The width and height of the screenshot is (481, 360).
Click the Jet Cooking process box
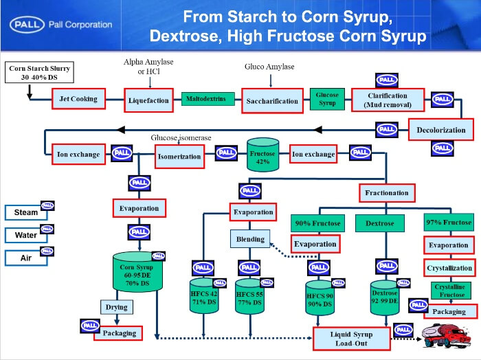click(79, 99)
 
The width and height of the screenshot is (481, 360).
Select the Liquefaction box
click(148, 100)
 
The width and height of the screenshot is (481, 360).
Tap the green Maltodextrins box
click(204, 99)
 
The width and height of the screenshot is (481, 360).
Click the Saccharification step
click(272, 101)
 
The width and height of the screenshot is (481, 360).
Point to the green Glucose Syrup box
click(326, 99)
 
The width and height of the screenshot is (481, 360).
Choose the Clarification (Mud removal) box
click(386, 100)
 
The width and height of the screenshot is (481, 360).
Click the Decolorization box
click(440, 130)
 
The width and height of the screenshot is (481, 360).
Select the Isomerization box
click(180, 156)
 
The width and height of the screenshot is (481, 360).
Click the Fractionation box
click(386, 192)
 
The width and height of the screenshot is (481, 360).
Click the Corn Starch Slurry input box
click(40, 73)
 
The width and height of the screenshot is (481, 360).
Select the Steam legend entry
click(26, 213)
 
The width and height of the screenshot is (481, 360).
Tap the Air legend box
click(26, 258)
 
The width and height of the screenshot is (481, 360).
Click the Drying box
click(121, 307)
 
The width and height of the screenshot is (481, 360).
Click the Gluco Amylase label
click(269, 67)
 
